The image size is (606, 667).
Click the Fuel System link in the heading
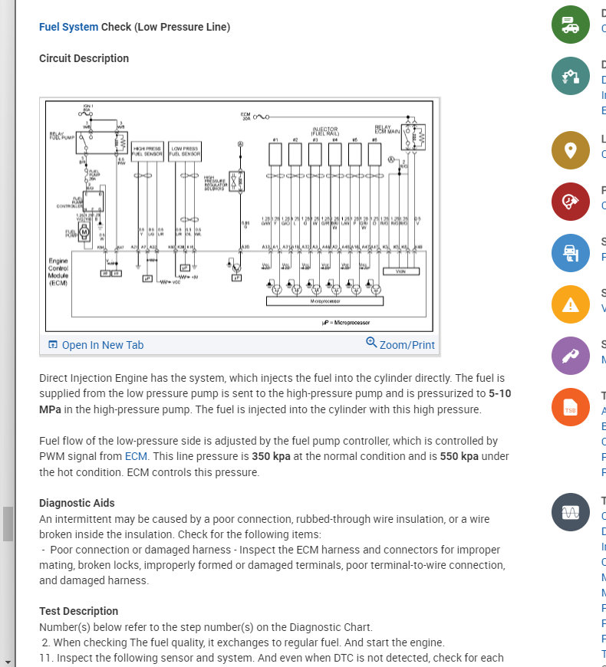68,28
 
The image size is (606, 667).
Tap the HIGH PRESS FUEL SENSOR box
147,150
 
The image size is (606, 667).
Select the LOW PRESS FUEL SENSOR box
185,150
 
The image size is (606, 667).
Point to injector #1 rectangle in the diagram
275,154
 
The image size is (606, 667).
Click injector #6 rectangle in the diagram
374,154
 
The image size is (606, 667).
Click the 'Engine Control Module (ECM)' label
58,272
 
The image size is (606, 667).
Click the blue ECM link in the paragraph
136,456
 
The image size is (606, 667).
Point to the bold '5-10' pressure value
499,393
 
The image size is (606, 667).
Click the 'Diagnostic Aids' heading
77,503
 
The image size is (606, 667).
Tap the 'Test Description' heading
78,611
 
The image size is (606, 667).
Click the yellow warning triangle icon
571,304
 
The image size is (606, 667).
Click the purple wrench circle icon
571,356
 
